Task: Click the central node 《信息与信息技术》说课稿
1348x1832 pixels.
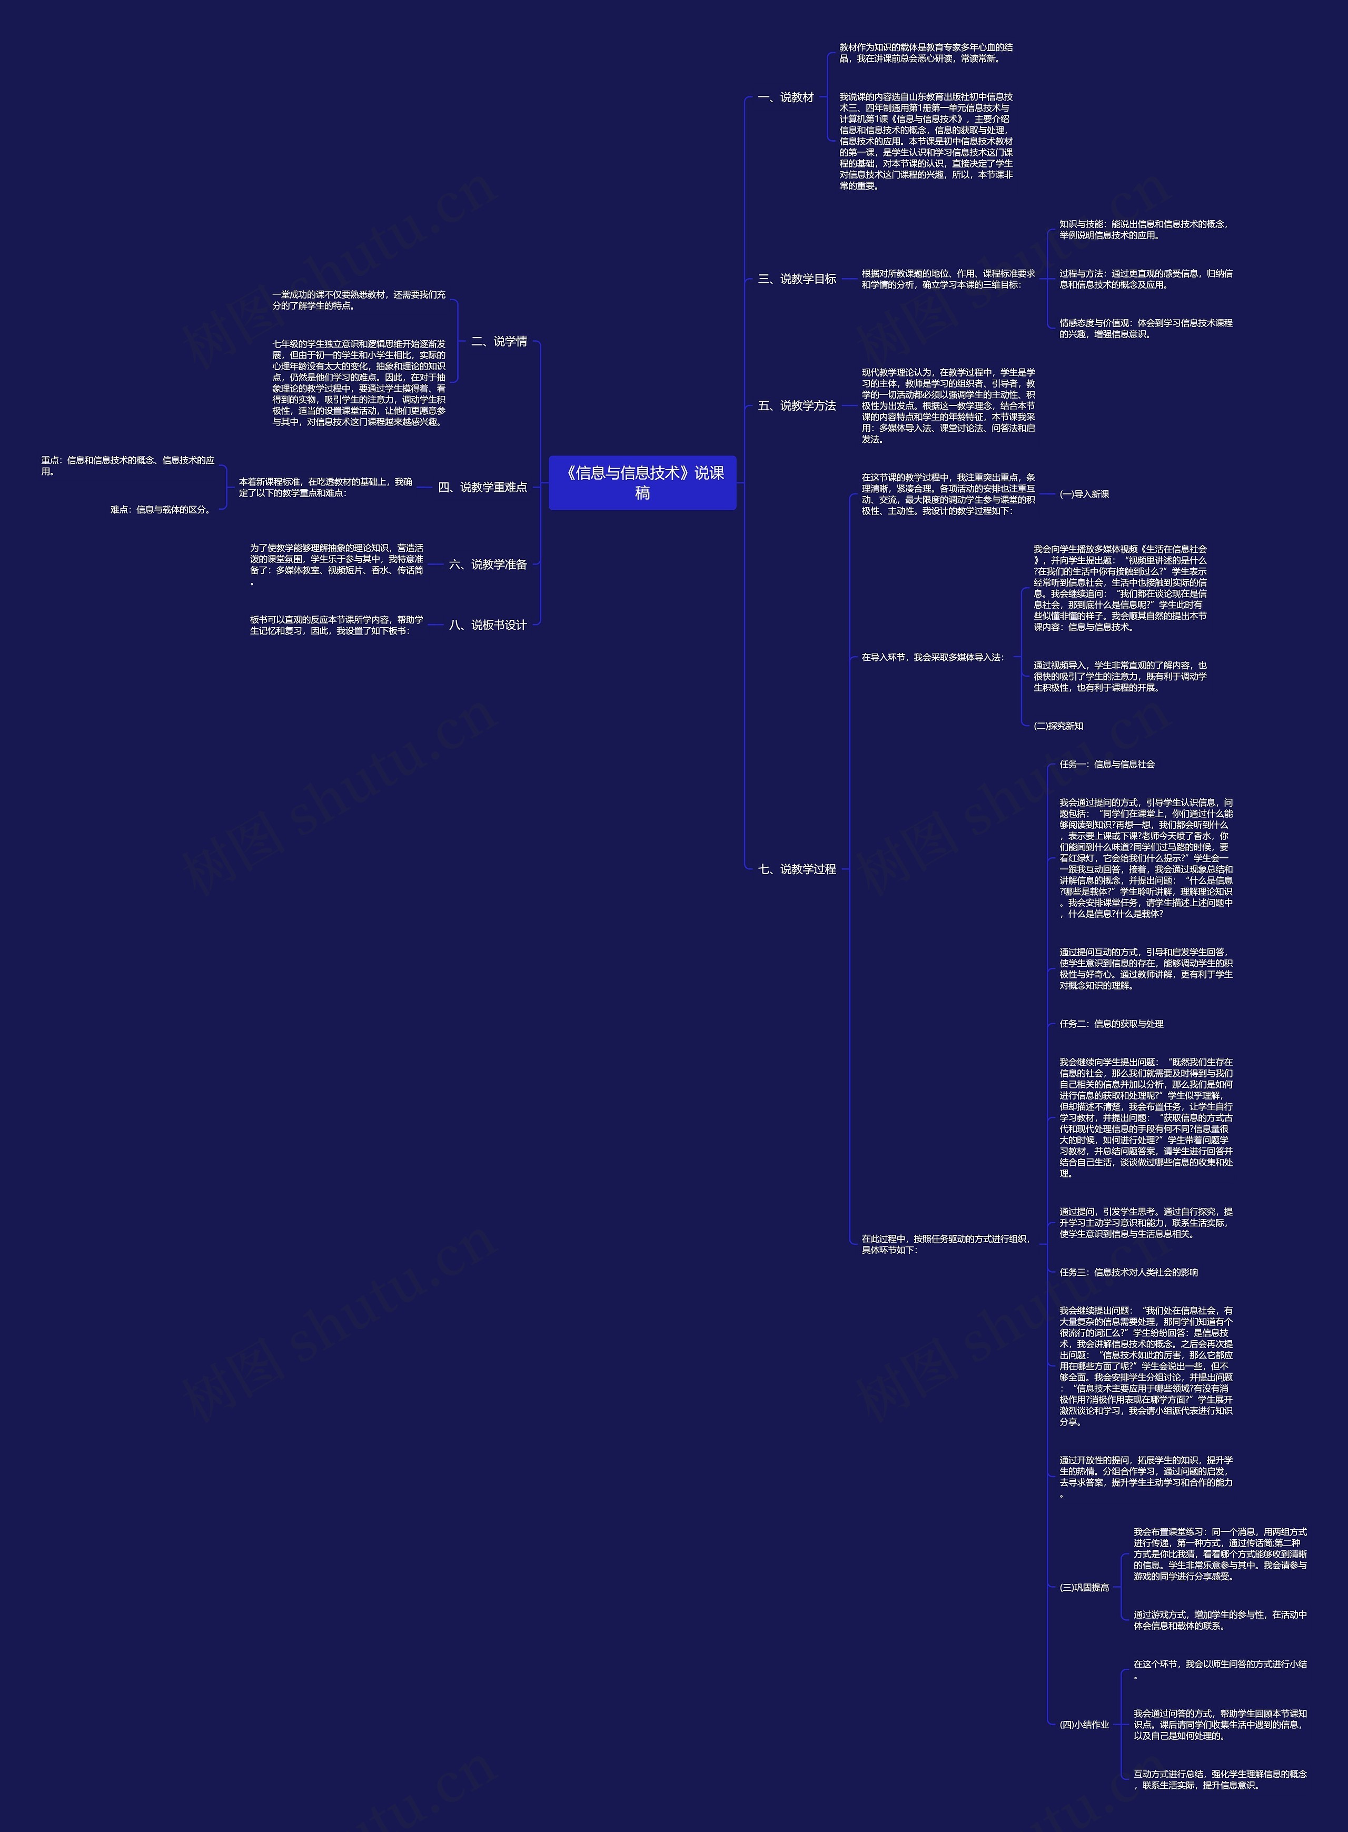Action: tap(642, 482)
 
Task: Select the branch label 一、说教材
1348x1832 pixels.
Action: tap(785, 97)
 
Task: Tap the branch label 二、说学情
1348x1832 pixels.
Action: tap(499, 341)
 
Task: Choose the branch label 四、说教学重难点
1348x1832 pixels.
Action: tap(482, 487)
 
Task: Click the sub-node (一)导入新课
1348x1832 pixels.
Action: tap(1084, 494)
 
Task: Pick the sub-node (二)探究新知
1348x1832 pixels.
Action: tap(1058, 726)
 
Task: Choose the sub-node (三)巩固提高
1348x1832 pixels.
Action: tap(1084, 1587)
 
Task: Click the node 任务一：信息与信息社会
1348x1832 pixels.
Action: tap(1106, 764)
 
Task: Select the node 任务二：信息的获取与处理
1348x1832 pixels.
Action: tap(1112, 1023)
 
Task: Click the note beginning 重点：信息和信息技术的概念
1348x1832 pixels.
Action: tap(128, 465)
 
